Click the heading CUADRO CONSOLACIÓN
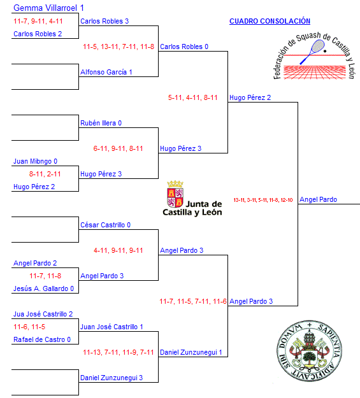[270, 21]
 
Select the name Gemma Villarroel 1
[48, 8]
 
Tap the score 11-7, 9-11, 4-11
[38, 21]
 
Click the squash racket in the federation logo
[312, 52]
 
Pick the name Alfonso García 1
[106, 72]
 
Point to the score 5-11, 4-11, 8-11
[193, 97]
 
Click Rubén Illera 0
[101, 123]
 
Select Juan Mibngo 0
[35, 161]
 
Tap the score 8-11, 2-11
[45, 174]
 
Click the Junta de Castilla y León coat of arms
[175, 194]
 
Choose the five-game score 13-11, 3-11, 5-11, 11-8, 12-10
[263, 200]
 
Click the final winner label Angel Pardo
[318, 199]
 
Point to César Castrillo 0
[105, 225]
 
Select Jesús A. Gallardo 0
[43, 288]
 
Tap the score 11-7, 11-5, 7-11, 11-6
[193, 301]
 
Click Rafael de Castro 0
[42, 339]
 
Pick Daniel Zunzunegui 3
[112, 378]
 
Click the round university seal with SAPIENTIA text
[309, 350]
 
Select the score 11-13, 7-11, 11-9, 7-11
[119, 352]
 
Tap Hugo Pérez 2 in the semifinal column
[250, 97]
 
